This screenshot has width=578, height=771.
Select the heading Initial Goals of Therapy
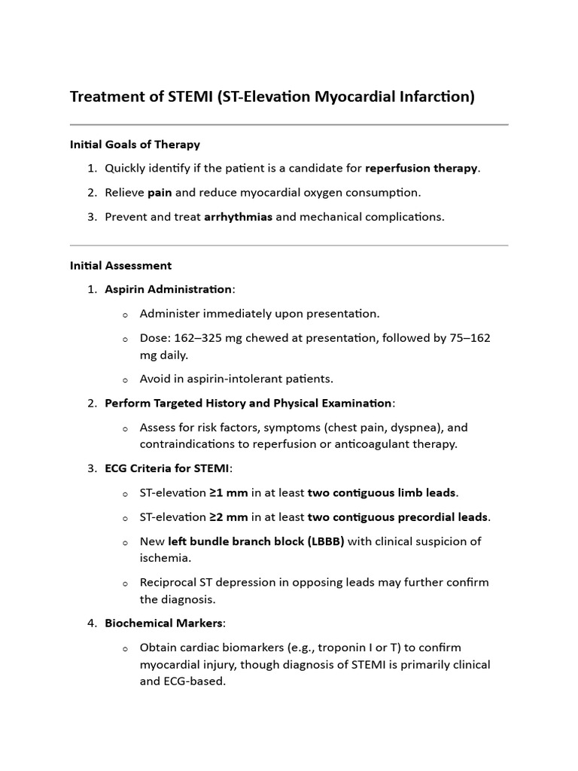point(135,144)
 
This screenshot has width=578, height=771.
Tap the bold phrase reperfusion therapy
point(421,168)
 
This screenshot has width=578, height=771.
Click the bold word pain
point(160,192)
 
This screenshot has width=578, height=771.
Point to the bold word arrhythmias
point(238,216)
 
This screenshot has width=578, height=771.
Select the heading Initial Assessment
point(120,265)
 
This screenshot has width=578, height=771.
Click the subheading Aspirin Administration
point(168,289)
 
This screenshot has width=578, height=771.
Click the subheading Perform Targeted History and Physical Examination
point(248,403)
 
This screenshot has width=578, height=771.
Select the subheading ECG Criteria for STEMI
point(166,468)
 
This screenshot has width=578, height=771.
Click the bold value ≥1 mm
point(228,492)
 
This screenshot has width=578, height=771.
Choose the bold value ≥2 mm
point(228,517)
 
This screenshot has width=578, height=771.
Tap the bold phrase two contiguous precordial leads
point(398,517)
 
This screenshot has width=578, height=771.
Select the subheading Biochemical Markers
point(163,623)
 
